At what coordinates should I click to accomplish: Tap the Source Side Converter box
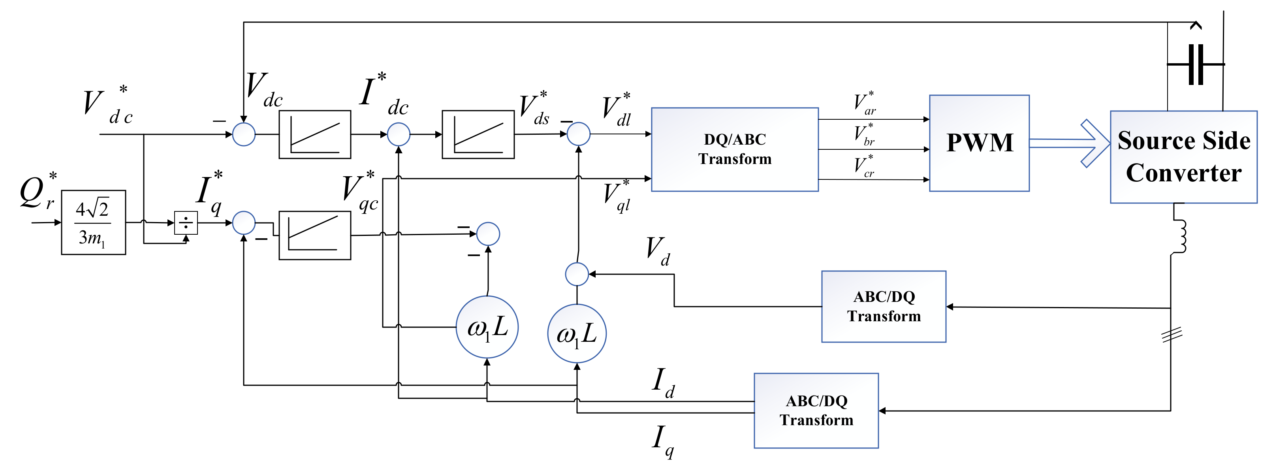1183,156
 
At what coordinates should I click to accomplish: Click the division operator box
186,223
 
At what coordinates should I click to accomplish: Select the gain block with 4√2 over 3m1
93,222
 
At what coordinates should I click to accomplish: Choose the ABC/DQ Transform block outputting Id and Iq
816,410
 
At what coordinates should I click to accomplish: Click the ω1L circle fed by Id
487,327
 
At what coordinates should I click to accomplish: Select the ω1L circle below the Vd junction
577,333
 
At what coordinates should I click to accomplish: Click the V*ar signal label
864,104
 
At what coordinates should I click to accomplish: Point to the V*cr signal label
864,166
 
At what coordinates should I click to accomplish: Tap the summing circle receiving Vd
577,274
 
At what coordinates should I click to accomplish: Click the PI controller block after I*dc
478,134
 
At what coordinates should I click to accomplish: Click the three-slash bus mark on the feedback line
1172,335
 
